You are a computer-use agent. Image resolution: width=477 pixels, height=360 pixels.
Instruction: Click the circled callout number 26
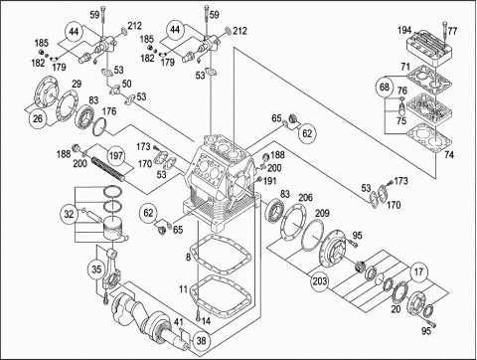tap(38, 118)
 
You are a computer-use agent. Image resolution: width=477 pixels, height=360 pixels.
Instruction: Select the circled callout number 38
tap(202, 340)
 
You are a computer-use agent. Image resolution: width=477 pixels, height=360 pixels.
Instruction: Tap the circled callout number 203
tap(320, 281)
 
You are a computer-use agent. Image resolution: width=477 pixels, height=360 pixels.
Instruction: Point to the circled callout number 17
tap(419, 271)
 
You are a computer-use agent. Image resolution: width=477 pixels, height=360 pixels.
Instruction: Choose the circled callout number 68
tap(385, 88)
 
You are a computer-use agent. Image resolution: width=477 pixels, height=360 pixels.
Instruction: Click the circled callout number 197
tap(116, 155)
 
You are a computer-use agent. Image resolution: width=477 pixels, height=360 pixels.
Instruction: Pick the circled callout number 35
tap(96, 269)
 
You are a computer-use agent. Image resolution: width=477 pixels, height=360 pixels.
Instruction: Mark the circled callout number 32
tap(69, 214)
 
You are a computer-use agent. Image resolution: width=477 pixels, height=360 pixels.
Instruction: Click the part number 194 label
tap(404, 31)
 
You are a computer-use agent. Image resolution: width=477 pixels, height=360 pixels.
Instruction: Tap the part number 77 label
tap(452, 31)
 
